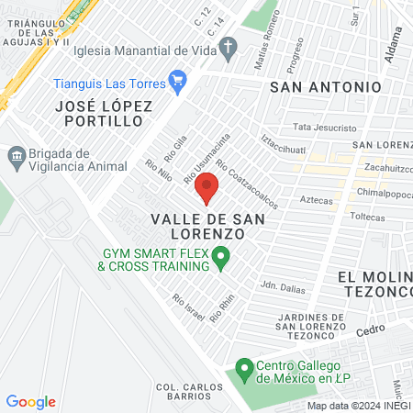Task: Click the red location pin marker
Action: [x=206, y=187]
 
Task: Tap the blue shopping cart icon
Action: [x=178, y=84]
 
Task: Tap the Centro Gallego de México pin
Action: [x=243, y=371]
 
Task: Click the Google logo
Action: [x=30, y=402]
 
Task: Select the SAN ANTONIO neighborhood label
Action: [x=325, y=86]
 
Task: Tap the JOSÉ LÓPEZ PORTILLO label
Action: [x=103, y=114]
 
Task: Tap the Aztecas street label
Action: [x=315, y=199]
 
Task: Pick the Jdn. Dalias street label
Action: [x=283, y=285]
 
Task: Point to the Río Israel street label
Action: [x=187, y=305]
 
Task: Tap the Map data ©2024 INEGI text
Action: [x=359, y=406]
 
